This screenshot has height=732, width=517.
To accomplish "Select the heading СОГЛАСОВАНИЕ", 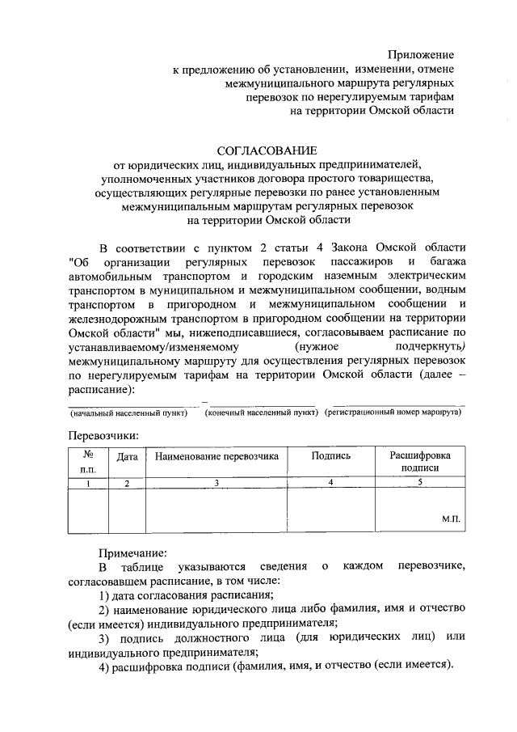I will pos(267,150).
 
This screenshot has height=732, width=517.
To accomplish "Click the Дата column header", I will pos(127,456).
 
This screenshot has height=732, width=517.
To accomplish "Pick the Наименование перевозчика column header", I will pos(216,456).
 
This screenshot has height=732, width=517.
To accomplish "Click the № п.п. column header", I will pos(88,462).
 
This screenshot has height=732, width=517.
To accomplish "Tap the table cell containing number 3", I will pos(216,483).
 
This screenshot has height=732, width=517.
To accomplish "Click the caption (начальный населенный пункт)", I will pos(129,413).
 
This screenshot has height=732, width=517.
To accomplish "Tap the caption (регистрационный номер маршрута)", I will pos(393,413).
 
